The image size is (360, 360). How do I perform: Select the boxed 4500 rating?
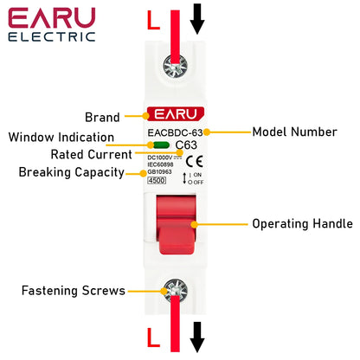point(157,181)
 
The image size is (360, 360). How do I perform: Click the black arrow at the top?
point(198,18)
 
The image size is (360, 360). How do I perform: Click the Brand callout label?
point(102,117)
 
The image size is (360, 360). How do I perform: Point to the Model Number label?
point(294,132)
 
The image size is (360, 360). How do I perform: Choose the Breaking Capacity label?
point(66,172)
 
